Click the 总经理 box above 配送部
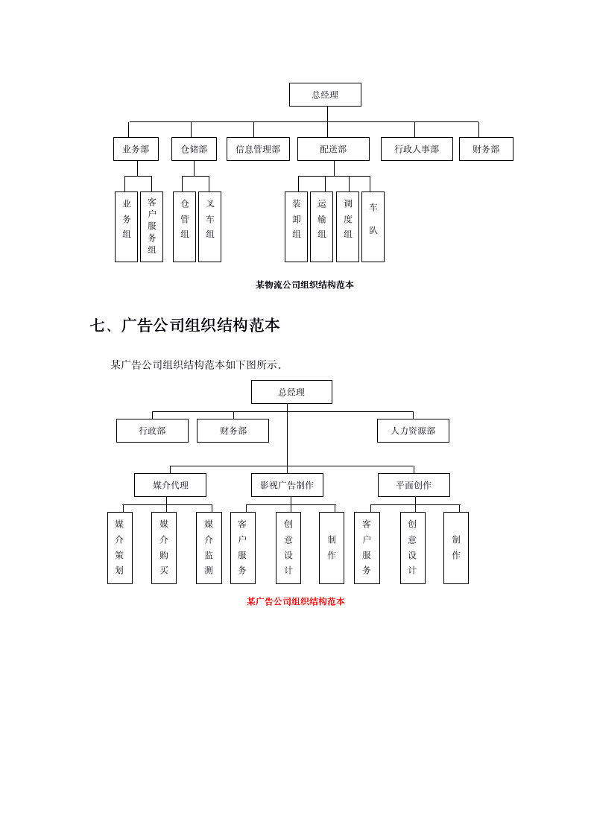coord(325,95)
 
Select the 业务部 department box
coord(136,149)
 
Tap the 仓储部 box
coord(194,149)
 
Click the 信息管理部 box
coord(258,149)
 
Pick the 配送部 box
coord(333,149)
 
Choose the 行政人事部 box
coord(417,149)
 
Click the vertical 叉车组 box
coord(209,227)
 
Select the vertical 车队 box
coord(373,227)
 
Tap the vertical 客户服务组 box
coord(151,227)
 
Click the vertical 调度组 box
coord(347,227)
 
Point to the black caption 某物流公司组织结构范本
coord(304,285)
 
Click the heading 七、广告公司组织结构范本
coord(185,326)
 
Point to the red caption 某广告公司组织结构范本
coord(295,601)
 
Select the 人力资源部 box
coord(413,431)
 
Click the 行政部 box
coord(152,431)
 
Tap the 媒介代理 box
coord(170,485)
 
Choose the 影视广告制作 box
coord(287,485)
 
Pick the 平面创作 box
coord(414,485)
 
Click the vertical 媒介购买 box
coord(164,548)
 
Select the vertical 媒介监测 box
coord(209,548)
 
